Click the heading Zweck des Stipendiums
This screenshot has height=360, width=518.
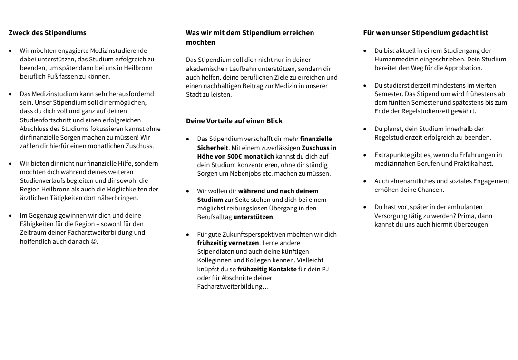(48, 33)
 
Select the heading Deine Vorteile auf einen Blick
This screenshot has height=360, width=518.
(234, 121)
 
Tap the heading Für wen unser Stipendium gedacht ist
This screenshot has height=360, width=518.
(425, 33)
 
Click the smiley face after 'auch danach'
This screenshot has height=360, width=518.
(94, 241)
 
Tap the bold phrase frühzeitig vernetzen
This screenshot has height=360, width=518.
(228, 243)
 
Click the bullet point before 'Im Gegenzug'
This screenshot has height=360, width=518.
(10, 216)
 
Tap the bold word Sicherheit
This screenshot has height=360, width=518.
(213, 148)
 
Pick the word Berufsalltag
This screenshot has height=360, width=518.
(214, 217)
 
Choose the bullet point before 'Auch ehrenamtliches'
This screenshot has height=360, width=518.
(365, 181)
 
